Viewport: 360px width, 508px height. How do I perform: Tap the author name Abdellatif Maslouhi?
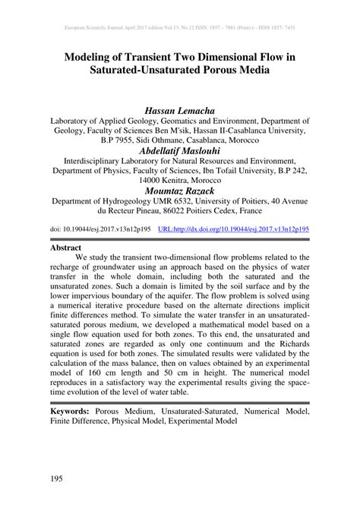pos(180,151)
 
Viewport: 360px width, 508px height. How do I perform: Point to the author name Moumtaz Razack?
pos(180,191)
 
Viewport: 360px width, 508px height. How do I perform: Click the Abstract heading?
pos(66,247)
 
